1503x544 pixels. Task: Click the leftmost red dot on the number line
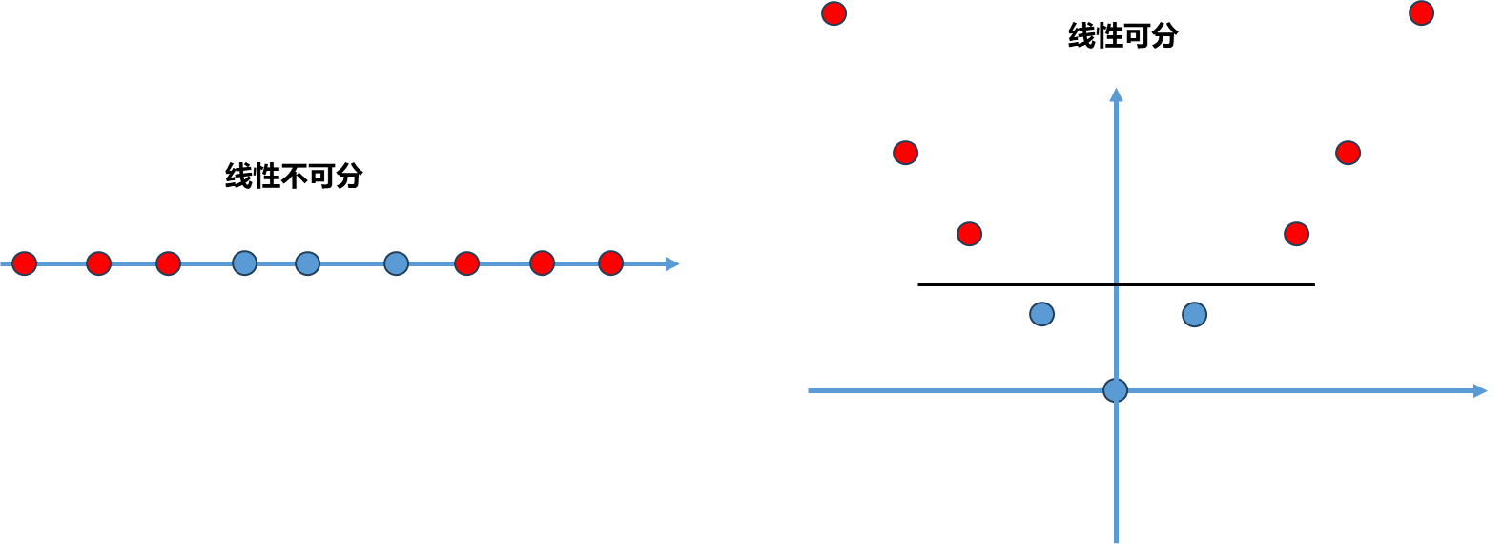click(x=24, y=263)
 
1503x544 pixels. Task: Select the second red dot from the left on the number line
click(x=98, y=263)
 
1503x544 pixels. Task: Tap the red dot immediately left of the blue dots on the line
click(x=168, y=263)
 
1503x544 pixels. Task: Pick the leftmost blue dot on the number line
click(x=245, y=263)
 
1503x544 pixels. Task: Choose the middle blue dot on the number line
click(x=307, y=263)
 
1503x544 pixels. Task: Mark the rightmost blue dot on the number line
click(x=396, y=263)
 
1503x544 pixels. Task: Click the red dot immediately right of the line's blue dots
click(x=466, y=263)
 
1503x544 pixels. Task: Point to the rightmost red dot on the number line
click(x=610, y=263)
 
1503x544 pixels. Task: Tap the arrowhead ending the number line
click(x=673, y=263)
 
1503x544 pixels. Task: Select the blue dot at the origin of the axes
click(x=1115, y=390)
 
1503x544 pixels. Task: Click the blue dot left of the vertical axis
click(x=1042, y=314)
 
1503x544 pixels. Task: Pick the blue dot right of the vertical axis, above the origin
click(x=1194, y=314)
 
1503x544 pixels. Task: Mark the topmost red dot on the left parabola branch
click(x=834, y=13)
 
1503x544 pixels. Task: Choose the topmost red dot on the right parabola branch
click(x=1421, y=13)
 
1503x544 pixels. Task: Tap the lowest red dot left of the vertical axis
click(x=969, y=234)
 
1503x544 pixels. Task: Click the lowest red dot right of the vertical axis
click(x=1296, y=234)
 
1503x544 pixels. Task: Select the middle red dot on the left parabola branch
click(x=905, y=153)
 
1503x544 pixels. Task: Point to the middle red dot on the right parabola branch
click(x=1348, y=153)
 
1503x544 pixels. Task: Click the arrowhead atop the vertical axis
click(x=1116, y=94)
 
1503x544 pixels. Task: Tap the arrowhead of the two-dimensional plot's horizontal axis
click(x=1481, y=390)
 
